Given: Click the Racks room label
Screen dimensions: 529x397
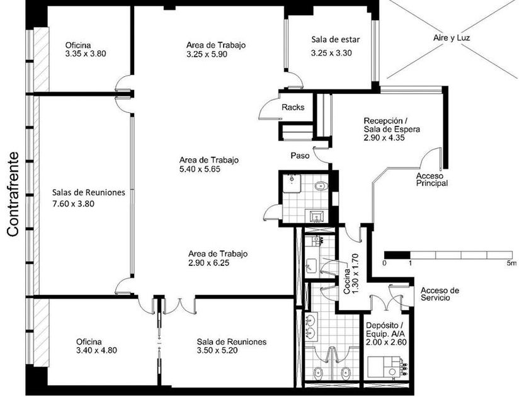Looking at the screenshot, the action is [293, 107].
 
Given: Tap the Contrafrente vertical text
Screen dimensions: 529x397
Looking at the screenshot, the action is [13, 194].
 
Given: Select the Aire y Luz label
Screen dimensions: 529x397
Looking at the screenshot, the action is [452, 38].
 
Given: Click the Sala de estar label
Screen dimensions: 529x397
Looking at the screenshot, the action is [335, 40].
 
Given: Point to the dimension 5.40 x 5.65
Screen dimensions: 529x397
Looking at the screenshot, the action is [200, 169].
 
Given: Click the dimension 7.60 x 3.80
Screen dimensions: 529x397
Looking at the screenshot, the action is [73, 204].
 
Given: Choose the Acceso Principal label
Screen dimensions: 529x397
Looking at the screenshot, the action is [432, 180].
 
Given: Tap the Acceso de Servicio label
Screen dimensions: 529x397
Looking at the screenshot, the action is [440, 294].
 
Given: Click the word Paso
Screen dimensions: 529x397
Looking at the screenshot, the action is [300, 156].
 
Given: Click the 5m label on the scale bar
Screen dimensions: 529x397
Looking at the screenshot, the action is [511, 263].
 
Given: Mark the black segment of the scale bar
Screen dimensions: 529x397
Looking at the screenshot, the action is [397, 255].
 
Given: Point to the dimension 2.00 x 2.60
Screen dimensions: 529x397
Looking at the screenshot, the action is [386, 342].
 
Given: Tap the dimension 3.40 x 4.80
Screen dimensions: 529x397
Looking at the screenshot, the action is [96, 350].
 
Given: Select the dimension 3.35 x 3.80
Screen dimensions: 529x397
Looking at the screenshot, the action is [86, 54].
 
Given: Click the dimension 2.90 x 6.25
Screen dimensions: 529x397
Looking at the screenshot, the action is [208, 263].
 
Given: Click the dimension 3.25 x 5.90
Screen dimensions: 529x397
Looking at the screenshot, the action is [207, 54].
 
